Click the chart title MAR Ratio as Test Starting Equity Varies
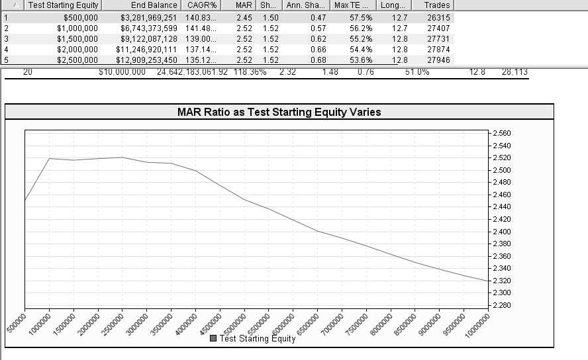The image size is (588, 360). coord(279,112)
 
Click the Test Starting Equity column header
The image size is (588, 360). coord(63,5)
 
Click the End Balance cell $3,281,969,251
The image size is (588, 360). coord(149,18)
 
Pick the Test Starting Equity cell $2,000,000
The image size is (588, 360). coord(77,50)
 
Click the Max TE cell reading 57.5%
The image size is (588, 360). coord(362,18)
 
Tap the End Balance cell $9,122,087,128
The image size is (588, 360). coord(149,39)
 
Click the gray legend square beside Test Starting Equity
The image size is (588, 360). coord(213,338)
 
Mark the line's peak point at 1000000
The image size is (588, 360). coord(49,158)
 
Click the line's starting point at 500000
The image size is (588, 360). coord(25,201)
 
